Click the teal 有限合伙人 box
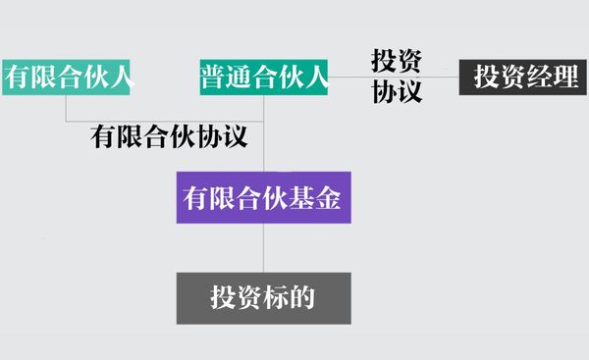tap(67, 77)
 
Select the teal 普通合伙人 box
tap(263, 77)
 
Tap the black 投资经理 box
tap(525, 77)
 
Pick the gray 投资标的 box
tap(263, 298)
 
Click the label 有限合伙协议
tap(167, 136)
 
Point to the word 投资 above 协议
tap(397, 61)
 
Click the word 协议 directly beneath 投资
tap(397, 92)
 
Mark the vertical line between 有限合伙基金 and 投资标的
tap(263, 248)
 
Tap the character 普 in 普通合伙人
tap(214, 77)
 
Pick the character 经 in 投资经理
tap(539, 77)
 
